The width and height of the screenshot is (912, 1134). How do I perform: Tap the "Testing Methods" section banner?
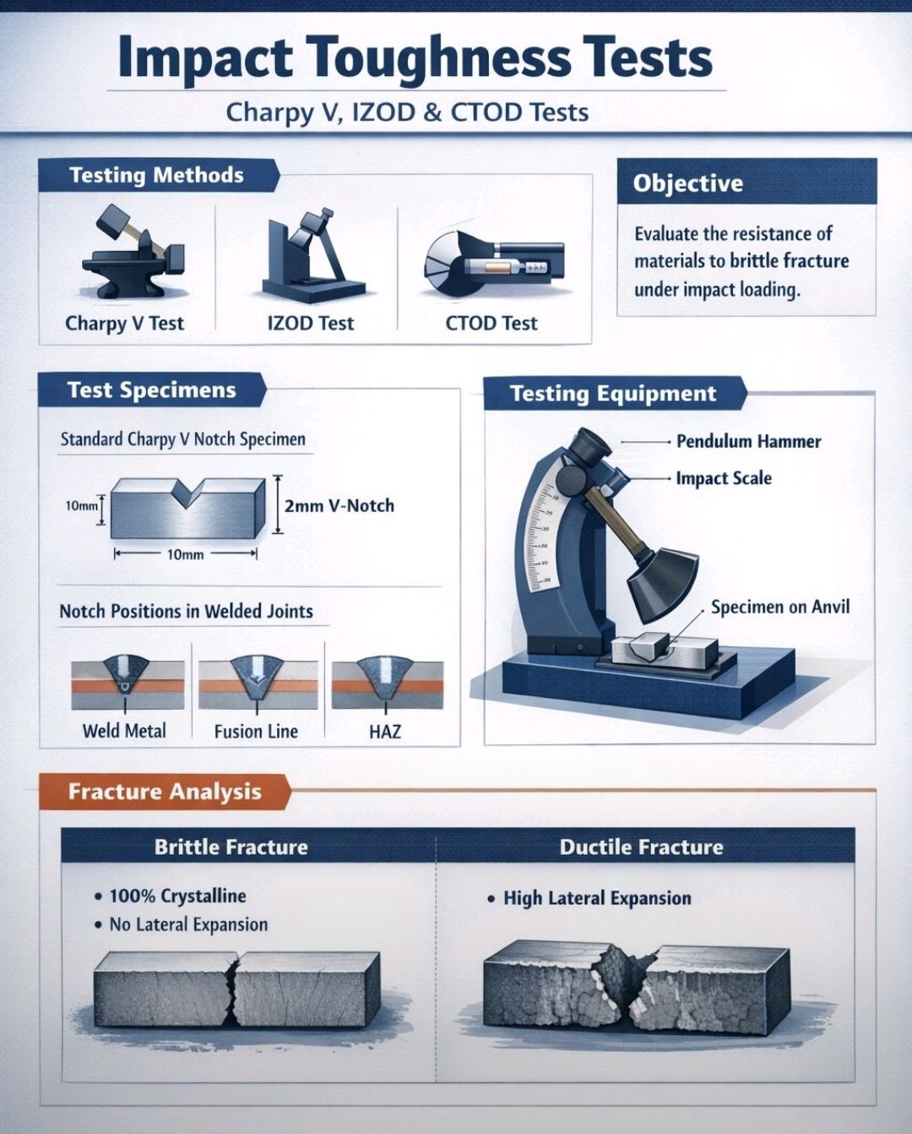[159, 176]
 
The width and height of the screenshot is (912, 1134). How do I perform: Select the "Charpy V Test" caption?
[124, 324]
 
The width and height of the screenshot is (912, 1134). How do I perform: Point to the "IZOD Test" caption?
[311, 323]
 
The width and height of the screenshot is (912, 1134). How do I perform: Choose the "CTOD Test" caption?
[491, 323]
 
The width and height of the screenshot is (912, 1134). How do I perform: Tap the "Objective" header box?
[746, 182]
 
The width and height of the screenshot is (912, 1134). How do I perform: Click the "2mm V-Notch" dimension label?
[339, 506]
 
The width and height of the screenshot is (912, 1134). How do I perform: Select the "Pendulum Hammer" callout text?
[748, 442]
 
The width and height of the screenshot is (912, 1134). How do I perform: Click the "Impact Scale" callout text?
[724, 478]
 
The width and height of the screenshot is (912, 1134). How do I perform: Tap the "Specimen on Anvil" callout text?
[780, 607]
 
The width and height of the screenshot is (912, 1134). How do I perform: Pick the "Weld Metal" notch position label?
[124, 731]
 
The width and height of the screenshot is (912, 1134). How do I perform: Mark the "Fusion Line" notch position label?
[256, 732]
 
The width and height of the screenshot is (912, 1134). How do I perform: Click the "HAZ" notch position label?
[385, 732]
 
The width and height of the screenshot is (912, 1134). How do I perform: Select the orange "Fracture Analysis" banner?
[165, 792]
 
